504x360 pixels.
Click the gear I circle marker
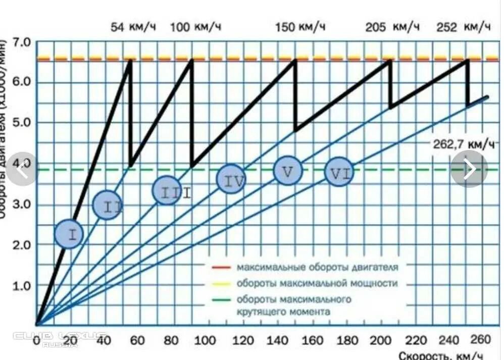[68, 234]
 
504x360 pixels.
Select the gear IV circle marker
[231, 179]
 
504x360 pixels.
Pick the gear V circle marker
[287, 171]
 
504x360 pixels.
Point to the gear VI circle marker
[339, 172]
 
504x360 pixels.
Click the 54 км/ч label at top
[133, 27]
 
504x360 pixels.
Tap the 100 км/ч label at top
[195, 27]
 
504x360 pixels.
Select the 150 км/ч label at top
[300, 27]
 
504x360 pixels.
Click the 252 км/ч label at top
[464, 27]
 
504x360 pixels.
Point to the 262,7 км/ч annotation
[464, 144]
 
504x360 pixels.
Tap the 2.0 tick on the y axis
[21, 245]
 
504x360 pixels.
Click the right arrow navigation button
[469, 169]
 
